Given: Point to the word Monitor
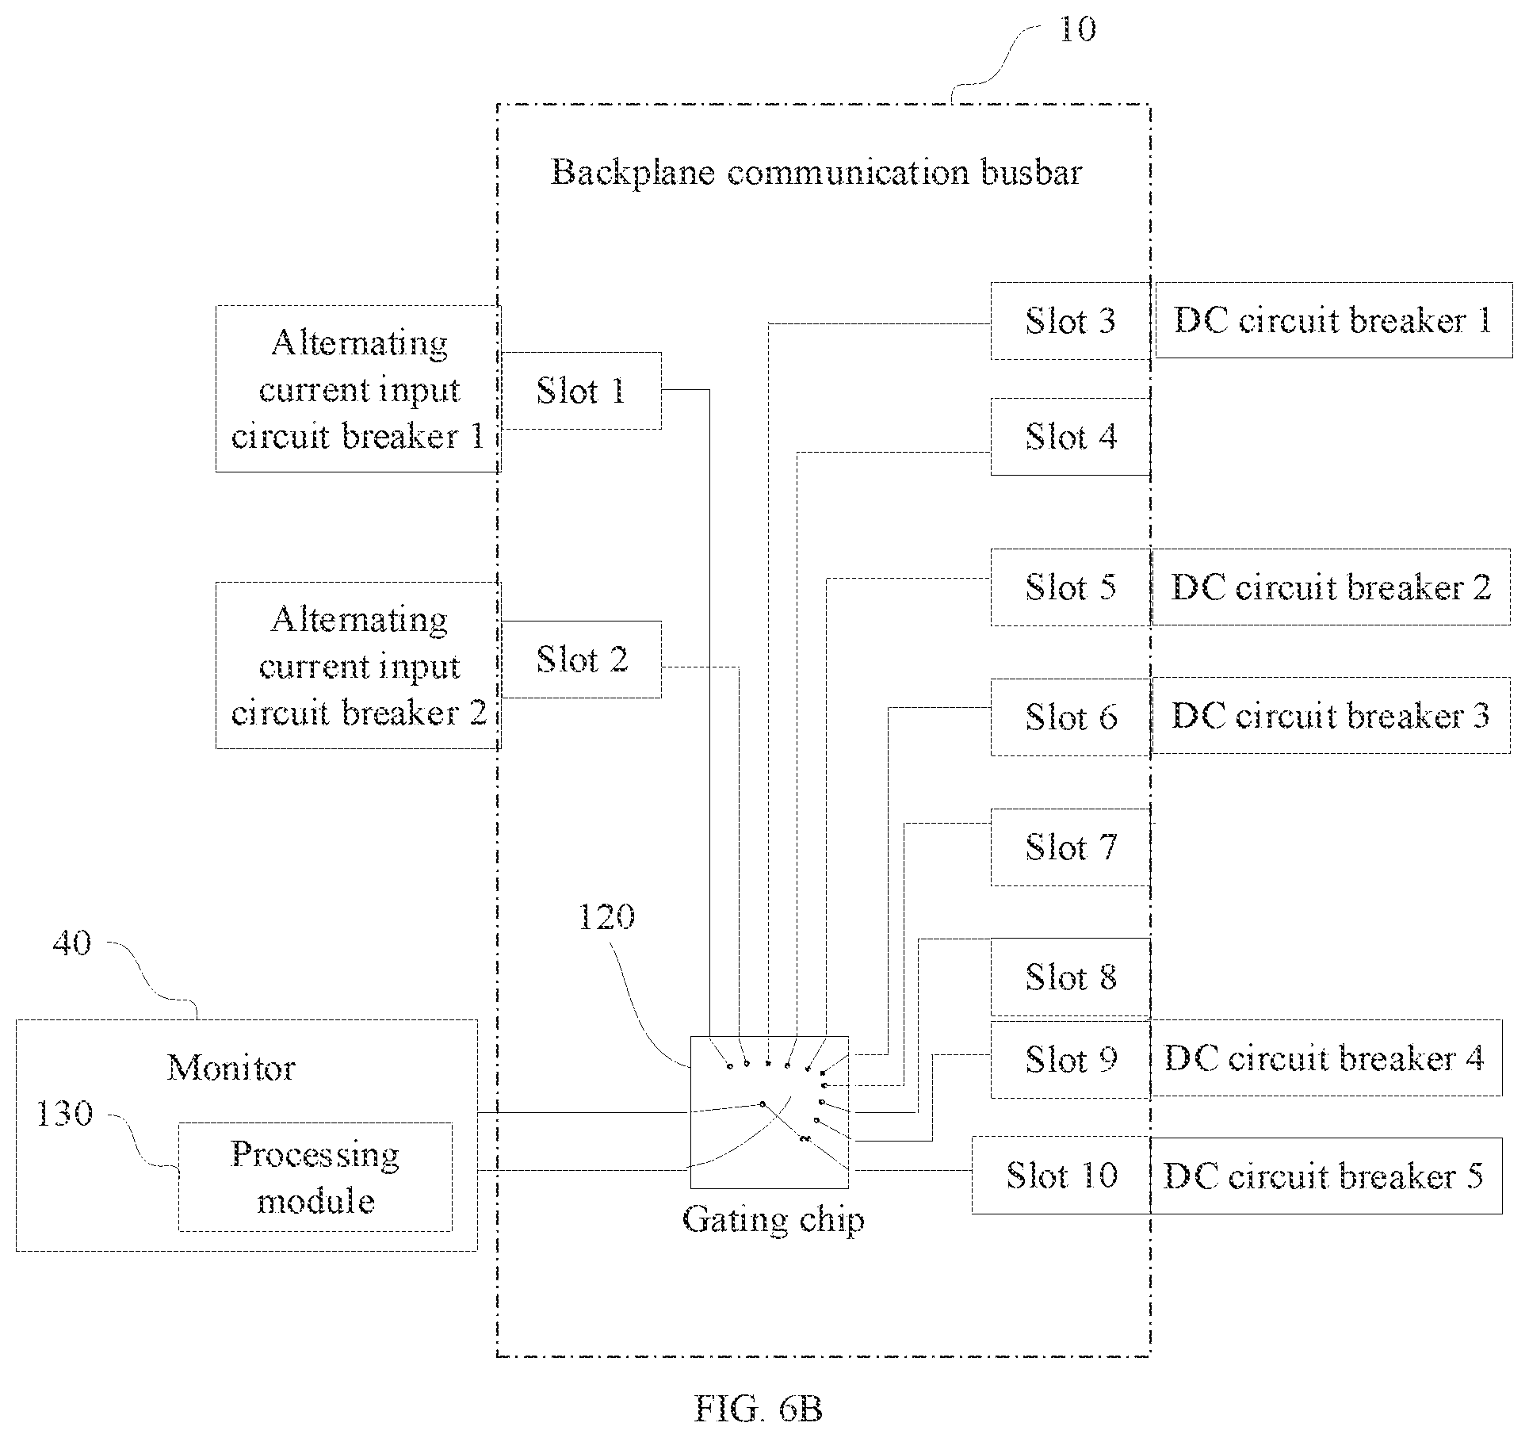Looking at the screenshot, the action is pyautogui.click(x=231, y=1069).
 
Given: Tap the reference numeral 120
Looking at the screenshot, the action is pyautogui.click(x=606, y=917).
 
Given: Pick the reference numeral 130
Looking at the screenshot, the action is pyautogui.click(x=65, y=1114).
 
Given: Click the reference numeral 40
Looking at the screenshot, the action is pyautogui.click(x=72, y=943).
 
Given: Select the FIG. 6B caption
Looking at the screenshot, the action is pyautogui.click(x=759, y=1409).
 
